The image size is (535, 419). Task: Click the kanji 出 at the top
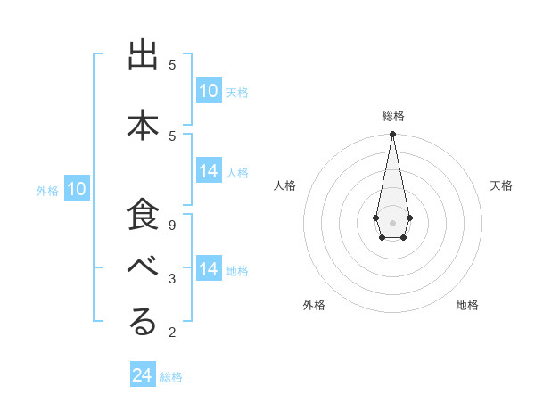coord(144,56)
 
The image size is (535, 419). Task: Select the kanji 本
coord(144,124)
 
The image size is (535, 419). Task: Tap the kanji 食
coord(144,215)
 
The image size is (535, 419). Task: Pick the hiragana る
coord(144,323)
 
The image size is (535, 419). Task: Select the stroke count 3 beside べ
coord(172,279)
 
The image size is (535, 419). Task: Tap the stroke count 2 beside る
coord(172,333)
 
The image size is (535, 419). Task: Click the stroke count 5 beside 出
coord(172,64)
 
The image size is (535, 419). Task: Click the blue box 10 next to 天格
coord(209,91)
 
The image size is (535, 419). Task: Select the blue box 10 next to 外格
coord(77,189)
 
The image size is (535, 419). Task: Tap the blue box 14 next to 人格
coord(209,172)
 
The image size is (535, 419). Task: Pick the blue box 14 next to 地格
coord(209,269)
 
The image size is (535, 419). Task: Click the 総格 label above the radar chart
coord(393,116)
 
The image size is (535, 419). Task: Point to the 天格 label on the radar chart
coord(501,185)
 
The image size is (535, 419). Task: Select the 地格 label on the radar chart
coord(467,305)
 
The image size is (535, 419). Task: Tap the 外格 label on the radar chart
coord(314,305)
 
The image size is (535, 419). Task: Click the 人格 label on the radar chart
coord(284,185)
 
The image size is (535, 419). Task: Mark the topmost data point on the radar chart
coord(392,135)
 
